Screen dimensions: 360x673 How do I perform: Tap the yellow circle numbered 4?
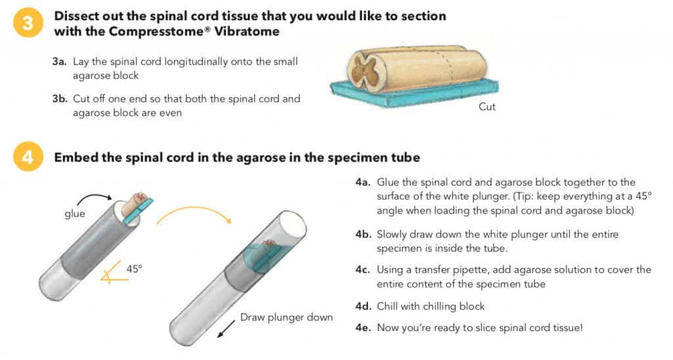coord(25,158)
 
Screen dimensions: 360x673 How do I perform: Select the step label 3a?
coord(59,62)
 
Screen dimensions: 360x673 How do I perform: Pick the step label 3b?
coord(59,99)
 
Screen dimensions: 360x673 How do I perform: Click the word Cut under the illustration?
coord(487,107)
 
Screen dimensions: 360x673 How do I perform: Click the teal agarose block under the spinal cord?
coord(421,95)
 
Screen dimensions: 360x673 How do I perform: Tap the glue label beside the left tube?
coord(74,214)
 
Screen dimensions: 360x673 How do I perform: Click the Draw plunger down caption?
coord(286,317)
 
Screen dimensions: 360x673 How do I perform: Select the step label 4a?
coord(363,182)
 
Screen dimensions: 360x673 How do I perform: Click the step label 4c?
coord(363,270)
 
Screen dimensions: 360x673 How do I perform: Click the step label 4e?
coord(363,326)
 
